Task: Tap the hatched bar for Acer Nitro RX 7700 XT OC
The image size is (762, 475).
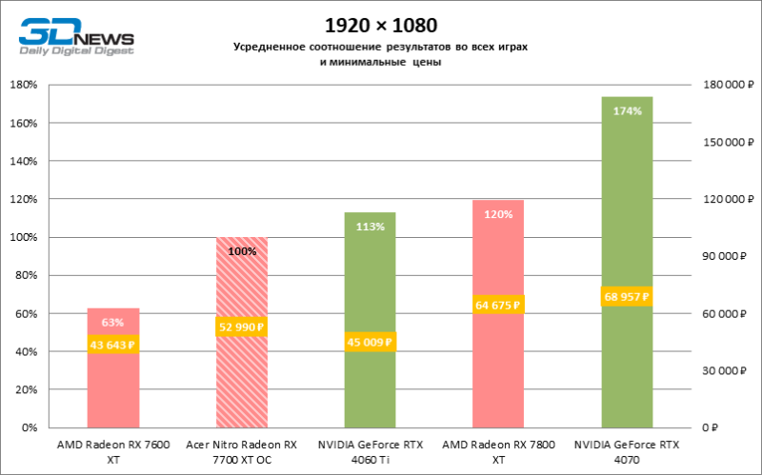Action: [242, 381]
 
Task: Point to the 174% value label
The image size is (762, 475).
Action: [627, 111]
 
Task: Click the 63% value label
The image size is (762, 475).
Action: [113, 323]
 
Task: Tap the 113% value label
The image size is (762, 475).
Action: [370, 227]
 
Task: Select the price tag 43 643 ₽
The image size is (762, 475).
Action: [113, 345]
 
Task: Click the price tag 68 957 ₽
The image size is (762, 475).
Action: [627, 297]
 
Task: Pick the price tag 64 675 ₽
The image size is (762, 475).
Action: [498, 305]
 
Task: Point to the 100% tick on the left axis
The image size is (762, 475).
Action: [23, 237]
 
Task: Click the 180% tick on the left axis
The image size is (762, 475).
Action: [23, 85]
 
